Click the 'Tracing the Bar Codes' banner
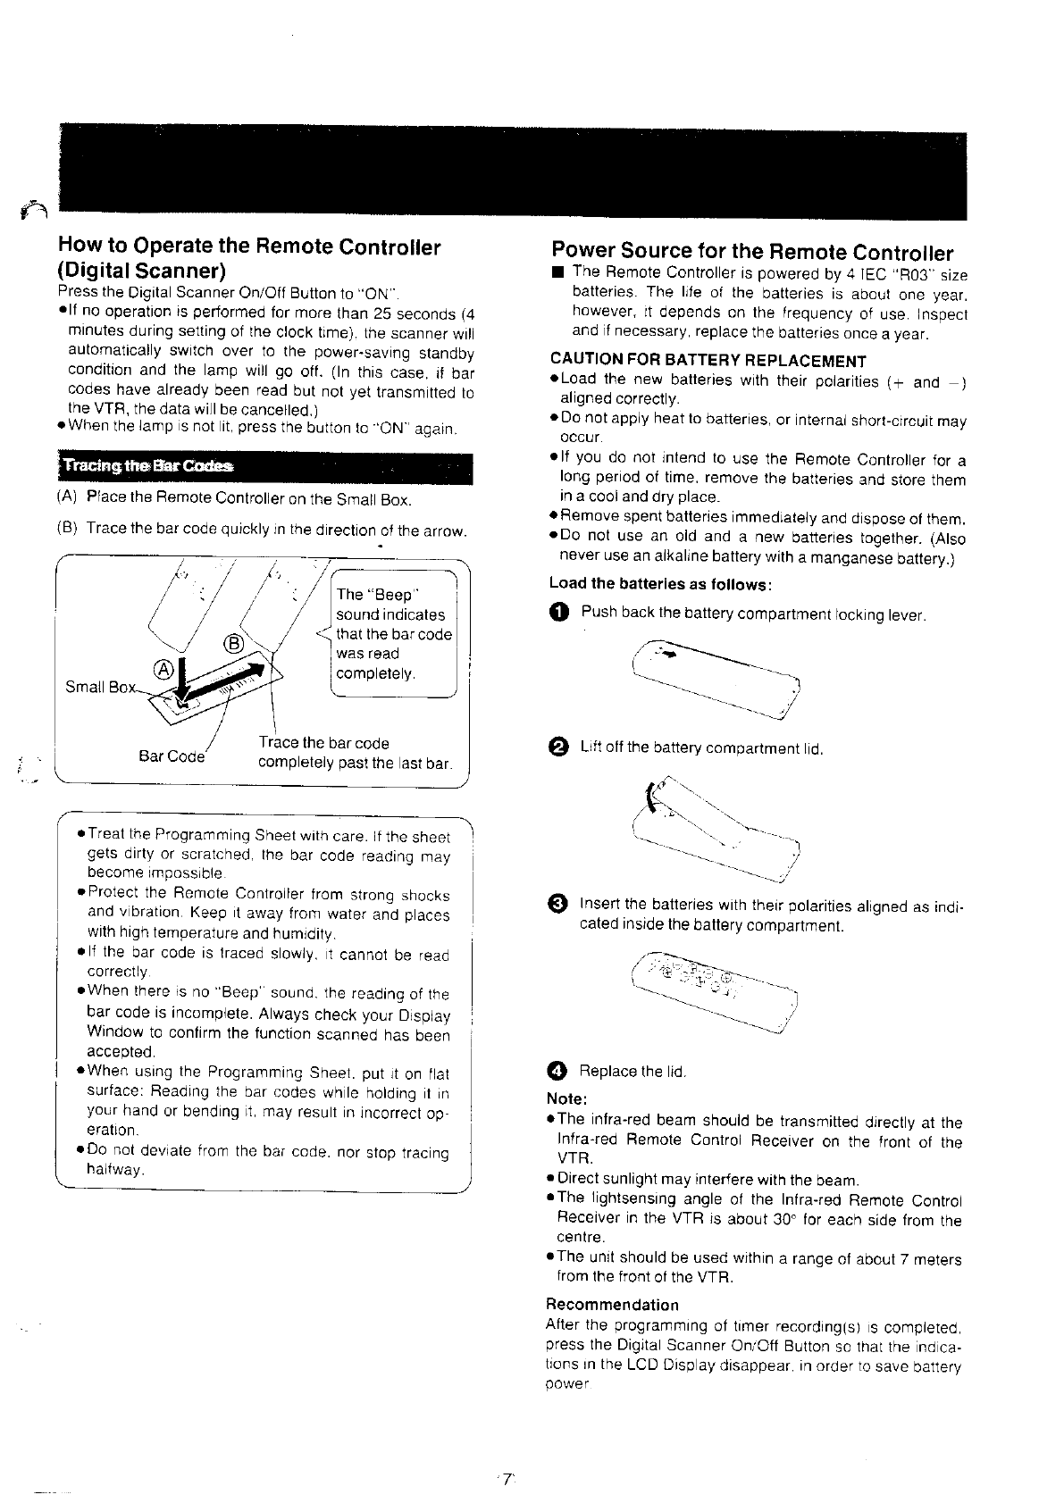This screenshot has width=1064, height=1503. coord(264,468)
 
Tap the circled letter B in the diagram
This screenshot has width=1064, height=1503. coord(230,643)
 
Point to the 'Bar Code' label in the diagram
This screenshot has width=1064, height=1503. coord(172,756)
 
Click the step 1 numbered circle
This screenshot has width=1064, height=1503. coord(558,613)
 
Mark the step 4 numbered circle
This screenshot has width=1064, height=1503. coord(558,1070)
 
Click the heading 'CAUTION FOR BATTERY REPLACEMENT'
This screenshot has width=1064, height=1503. coord(708,361)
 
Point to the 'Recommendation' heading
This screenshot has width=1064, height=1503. coord(612,1305)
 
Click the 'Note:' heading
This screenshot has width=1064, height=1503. coord(566,1098)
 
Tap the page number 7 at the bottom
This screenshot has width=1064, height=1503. coord(507,1479)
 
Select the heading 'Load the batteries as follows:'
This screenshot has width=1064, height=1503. coord(660,583)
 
